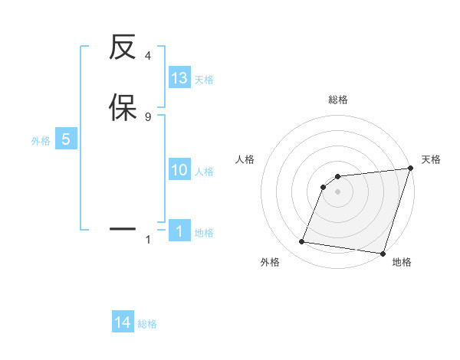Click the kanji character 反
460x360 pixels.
pos(123,49)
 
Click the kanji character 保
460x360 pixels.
pos(123,107)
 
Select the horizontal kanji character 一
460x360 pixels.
pos(123,228)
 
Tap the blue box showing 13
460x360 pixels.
pos(179,78)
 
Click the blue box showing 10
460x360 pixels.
pos(179,170)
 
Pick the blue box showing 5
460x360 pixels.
pos(66,139)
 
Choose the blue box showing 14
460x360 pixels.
pos(123,323)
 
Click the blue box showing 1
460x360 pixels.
pos(179,231)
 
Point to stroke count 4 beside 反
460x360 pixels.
pos(148,56)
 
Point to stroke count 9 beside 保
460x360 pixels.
pos(148,116)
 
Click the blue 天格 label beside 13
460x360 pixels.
pos(204,80)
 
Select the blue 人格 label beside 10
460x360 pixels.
pos(204,172)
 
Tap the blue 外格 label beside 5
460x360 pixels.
pos(41,141)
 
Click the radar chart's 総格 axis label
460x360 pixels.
pos(338,100)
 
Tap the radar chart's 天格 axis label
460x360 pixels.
pos(431,159)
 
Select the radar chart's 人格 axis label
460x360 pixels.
pos(245,159)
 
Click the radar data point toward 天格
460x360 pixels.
pos(411,169)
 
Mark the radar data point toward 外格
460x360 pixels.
pos(302,242)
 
